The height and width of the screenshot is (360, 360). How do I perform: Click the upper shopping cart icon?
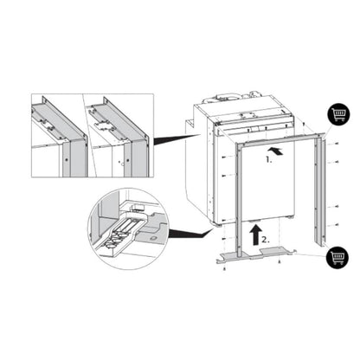[x=337, y=113]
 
